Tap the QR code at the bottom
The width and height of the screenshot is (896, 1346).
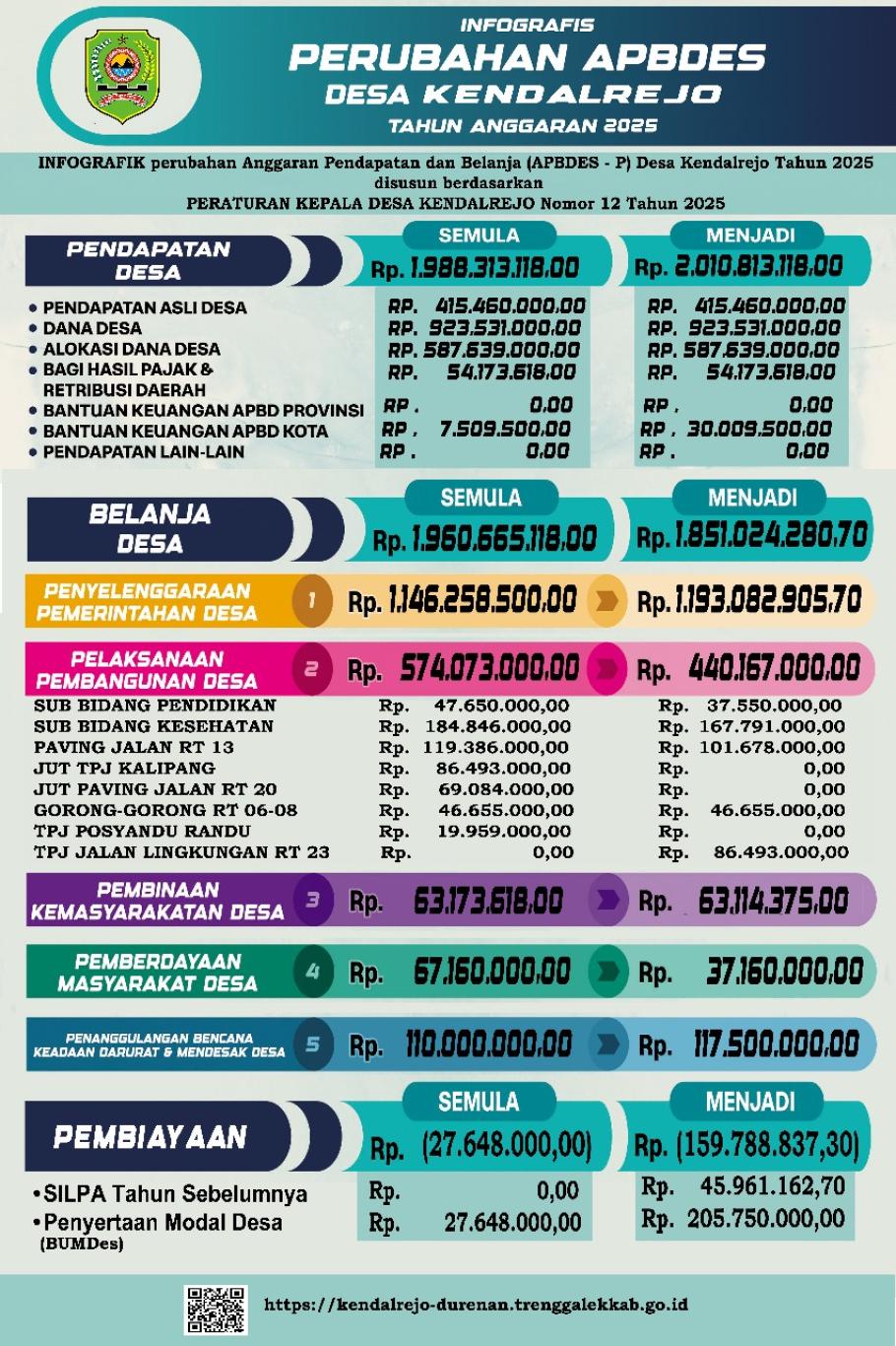(x=216, y=1309)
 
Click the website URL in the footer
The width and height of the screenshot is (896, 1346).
(x=476, y=1305)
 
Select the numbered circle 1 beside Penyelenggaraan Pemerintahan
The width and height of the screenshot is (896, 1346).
(x=312, y=599)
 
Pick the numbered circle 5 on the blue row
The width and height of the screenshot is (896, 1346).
(x=312, y=1043)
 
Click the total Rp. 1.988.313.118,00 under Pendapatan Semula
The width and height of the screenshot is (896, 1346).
(x=476, y=267)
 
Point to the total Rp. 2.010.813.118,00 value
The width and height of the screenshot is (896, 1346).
(x=739, y=266)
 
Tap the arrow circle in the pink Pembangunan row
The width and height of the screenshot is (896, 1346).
(x=607, y=669)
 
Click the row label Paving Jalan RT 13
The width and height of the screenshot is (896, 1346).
(x=134, y=747)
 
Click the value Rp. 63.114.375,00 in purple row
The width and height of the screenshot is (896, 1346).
(x=744, y=901)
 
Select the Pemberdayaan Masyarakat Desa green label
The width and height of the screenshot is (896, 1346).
(x=158, y=972)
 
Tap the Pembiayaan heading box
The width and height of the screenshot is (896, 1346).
(x=151, y=1137)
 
